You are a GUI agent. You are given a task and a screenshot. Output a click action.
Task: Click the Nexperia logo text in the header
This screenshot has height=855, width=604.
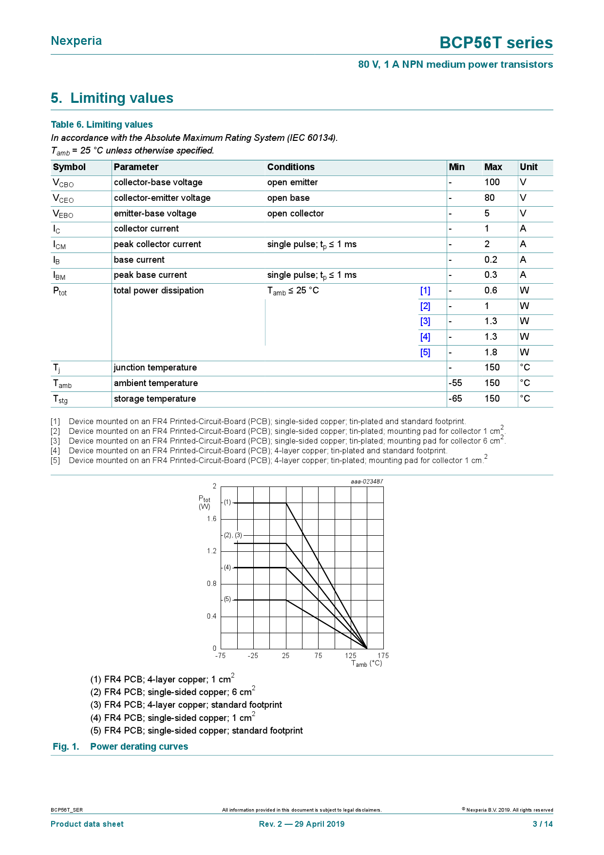76,41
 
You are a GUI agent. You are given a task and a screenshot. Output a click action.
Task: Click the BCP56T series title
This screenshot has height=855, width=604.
496,43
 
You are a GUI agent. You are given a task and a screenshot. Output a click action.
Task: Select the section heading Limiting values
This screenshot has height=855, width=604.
112,98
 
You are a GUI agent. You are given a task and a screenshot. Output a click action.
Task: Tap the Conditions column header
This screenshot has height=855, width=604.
291,167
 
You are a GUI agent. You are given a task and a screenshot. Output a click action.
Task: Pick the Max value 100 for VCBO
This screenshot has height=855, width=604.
492,182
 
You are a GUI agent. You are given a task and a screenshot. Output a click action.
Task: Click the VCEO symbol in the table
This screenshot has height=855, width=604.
63,198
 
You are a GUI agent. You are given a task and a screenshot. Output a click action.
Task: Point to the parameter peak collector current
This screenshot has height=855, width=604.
157,244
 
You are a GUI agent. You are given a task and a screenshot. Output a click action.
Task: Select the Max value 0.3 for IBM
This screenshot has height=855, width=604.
491,275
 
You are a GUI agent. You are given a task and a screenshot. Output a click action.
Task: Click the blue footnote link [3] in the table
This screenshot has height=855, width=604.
425,321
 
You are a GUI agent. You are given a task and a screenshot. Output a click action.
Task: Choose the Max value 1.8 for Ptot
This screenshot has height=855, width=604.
491,352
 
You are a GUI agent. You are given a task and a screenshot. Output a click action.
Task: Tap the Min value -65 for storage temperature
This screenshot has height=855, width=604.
455,399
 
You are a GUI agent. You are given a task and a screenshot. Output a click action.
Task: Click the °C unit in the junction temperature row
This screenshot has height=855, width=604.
525,368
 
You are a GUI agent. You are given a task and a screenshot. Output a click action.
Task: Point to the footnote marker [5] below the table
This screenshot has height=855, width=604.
55,461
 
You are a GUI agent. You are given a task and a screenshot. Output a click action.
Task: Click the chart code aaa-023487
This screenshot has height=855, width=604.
367,482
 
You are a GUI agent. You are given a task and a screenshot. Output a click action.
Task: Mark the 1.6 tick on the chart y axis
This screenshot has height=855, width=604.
211,519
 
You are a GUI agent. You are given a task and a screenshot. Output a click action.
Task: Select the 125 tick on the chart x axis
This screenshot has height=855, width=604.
351,656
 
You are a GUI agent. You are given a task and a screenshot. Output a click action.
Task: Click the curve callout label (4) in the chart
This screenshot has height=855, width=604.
227,567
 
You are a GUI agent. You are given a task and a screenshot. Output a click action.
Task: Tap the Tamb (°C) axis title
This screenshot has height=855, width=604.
367,664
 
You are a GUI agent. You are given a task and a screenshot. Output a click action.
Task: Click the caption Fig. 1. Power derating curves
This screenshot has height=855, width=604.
120,747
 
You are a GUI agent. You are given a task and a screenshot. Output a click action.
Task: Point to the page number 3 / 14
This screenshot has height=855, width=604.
543,824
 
